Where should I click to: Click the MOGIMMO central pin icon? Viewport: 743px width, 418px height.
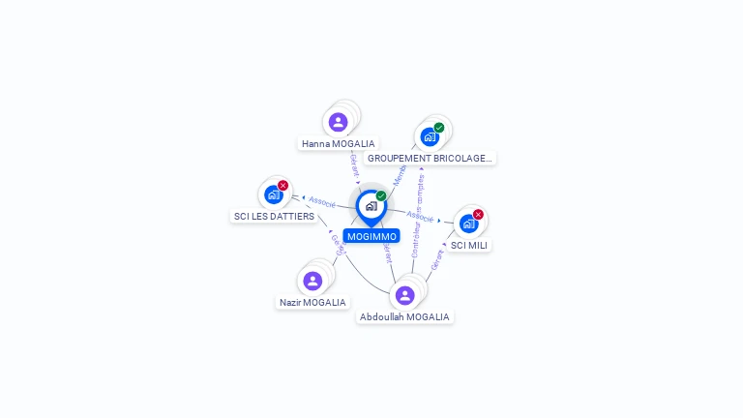pos(371,206)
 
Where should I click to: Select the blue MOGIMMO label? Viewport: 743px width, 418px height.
pos(371,236)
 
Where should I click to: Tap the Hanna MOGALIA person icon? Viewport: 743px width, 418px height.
pos(338,122)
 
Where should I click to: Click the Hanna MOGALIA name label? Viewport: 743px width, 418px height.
pos(338,144)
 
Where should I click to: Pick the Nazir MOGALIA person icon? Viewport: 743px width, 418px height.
pos(312,281)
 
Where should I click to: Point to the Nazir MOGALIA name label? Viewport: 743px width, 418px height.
pos(312,303)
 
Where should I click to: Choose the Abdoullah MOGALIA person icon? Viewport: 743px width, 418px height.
pos(404,295)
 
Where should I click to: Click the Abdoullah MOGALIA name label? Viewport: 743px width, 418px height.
pos(404,317)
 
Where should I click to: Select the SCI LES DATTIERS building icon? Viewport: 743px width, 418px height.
pos(273,194)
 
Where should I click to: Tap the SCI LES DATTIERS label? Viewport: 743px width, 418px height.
pos(274,217)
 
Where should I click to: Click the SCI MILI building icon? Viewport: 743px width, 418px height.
pos(468,224)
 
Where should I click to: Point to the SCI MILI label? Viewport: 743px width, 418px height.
pos(470,246)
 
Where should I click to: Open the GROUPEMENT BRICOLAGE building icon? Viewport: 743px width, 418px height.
pos(430,136)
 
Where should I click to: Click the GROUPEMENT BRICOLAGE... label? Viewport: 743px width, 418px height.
pos(431,158)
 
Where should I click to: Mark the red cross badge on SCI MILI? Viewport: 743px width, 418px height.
pos(478,215)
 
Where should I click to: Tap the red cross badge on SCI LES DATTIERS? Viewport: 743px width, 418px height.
pos(282,186)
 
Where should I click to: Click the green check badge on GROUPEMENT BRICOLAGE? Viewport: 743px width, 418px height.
pos(439,128)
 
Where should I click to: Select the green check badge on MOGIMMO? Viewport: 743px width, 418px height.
pos(381,196)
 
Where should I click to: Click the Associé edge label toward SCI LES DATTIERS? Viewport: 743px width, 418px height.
pos(322,202)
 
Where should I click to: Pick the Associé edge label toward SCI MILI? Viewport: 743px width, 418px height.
pos(420,217)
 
